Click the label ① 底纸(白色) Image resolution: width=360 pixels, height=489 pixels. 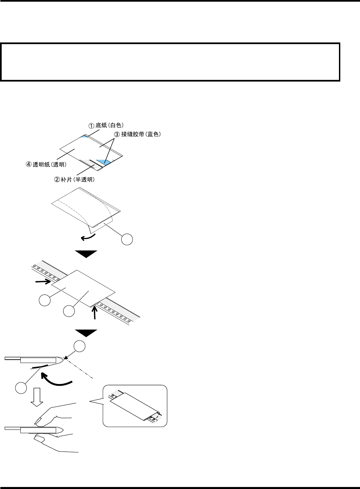tap(106, 126)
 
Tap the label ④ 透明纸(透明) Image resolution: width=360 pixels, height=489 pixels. tap(46, 165)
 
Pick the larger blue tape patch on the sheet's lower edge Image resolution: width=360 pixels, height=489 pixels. tap(103, 162)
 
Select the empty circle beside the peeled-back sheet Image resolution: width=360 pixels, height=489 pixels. tap(127, 239)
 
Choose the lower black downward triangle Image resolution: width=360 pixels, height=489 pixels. tap(86, 333)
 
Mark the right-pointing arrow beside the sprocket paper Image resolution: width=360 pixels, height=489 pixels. tap(43, 282)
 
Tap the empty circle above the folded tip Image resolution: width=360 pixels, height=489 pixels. tap(79, 347)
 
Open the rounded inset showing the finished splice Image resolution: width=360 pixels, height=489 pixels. tap(135, 406)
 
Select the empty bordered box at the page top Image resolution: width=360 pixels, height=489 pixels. tap(170, 62)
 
